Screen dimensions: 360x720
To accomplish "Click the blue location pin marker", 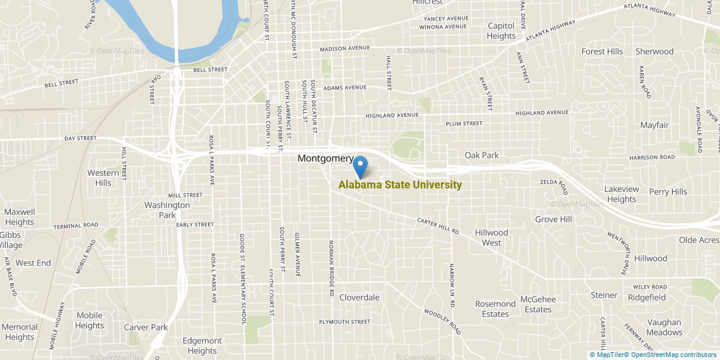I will click(361, 166).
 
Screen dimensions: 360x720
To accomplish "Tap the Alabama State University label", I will click(400, 185).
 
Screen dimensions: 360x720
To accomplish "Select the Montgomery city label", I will click(325, 158).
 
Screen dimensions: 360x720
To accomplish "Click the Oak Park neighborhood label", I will click(481, 155).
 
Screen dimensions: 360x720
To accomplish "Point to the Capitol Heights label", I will click(501, 31).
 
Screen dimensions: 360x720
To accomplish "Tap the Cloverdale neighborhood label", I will click(359, 297).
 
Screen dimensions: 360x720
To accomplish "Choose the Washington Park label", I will click(167, 210).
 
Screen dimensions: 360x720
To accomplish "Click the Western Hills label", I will click(103, 178).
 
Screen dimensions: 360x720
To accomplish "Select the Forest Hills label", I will click(602, 52).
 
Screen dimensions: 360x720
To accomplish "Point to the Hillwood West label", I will click(491, 238).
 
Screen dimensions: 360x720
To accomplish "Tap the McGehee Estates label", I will click(538, 304).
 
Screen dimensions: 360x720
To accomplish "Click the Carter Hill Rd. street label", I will click(438, 226).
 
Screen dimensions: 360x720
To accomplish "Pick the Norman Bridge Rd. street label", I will click(331, 269).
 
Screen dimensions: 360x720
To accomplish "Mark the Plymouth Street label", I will click(344, 322).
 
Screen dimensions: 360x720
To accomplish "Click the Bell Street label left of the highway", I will click(61, 82).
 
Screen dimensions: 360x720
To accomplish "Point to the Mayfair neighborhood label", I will click(654, 125).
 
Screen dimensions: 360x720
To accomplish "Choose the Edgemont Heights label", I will click(202, 346).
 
